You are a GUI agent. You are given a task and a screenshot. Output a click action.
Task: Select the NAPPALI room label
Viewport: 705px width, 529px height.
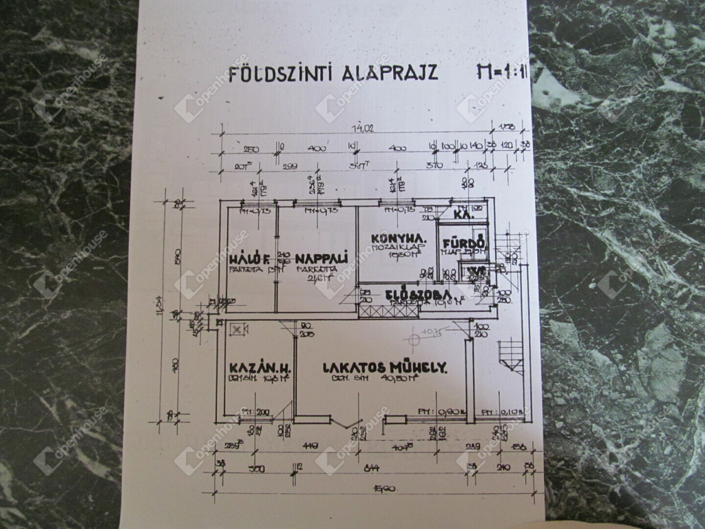pyautogui.click(x=321, y=259)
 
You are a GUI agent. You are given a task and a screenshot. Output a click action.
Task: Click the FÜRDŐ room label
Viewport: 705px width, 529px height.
pyautogui.click(x=465, y=243)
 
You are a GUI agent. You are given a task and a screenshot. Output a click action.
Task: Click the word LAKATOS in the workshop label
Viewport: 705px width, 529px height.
pyautogui.click(x=350, y=368)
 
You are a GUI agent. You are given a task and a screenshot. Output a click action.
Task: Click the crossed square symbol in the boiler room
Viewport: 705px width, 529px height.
pyautogui.click(x=238, y=330)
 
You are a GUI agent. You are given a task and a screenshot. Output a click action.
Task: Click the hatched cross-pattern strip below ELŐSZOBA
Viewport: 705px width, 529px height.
pyautogui.click(x=390, y=311)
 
